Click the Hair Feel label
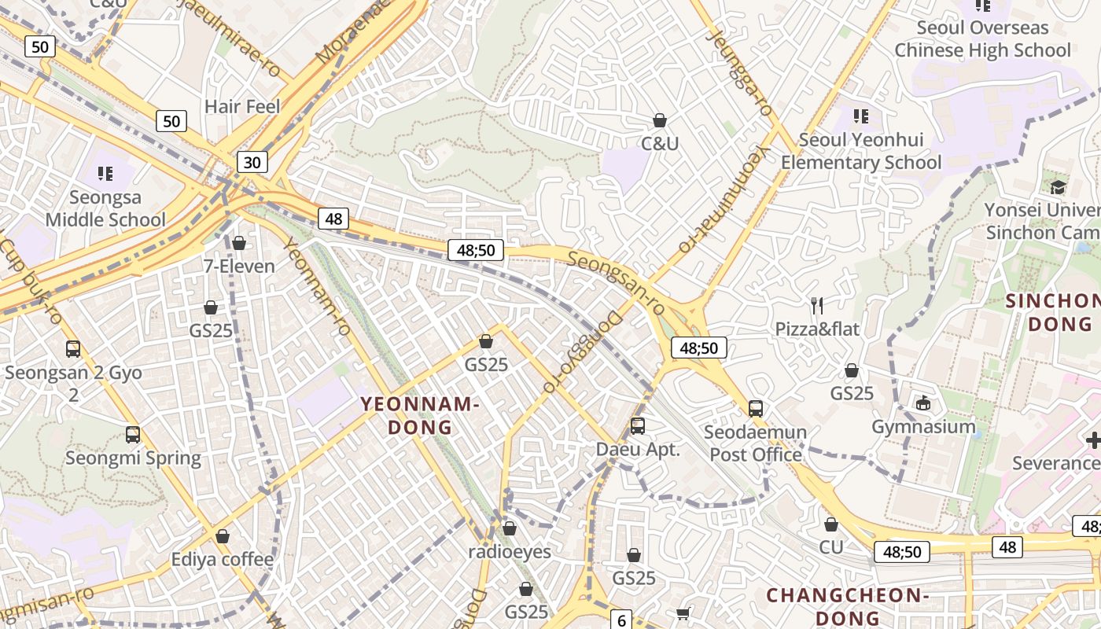tap(242, 106)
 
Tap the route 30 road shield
tap(252, 163)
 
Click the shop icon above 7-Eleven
tap(239, 244)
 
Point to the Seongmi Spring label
tap(133, 458)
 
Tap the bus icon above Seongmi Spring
tap(133, 435)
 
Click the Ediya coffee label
tap(223, 559)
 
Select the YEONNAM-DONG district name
tap(420, 416)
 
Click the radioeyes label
tap(510, 551)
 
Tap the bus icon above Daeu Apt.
tap(638, 426)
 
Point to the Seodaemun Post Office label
tap(756, 443)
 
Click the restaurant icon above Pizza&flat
tap(817, 306)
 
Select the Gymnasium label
tap(923, 427)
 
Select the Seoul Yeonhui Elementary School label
tap(861, 151)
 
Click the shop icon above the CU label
tap(831, 524)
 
